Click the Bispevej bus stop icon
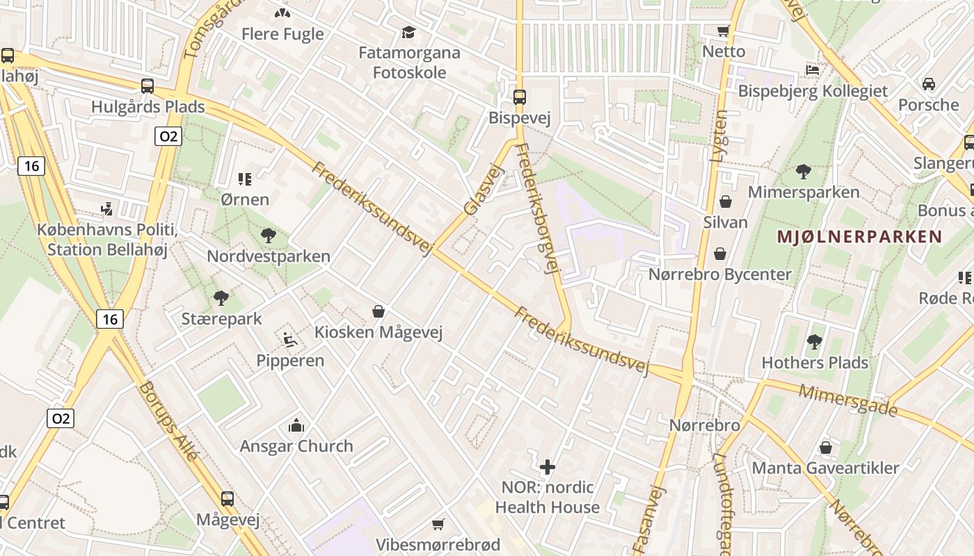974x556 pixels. (520, 97)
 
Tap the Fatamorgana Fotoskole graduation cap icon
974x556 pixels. (408, 32)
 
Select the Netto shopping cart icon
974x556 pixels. (723, 31)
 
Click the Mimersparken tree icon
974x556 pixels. (804, 171)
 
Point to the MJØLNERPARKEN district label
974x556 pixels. (859, 236)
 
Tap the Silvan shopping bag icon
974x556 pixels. (726, 202)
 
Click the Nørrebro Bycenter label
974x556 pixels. (720, 275)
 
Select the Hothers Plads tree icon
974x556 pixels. (814, 342)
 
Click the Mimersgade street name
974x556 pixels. (847, 400)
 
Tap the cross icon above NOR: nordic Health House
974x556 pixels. (548, 466)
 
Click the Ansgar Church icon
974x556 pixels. (296, 425)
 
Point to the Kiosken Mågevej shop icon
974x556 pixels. (378, 311)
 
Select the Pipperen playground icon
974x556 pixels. (290, 340)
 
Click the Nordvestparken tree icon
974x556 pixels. (268, 236)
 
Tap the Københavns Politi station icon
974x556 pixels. (106, 208)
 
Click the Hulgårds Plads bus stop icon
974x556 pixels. (147, 86)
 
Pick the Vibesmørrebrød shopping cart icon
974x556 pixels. (438, 524)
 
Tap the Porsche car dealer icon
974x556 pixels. (928, 84)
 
